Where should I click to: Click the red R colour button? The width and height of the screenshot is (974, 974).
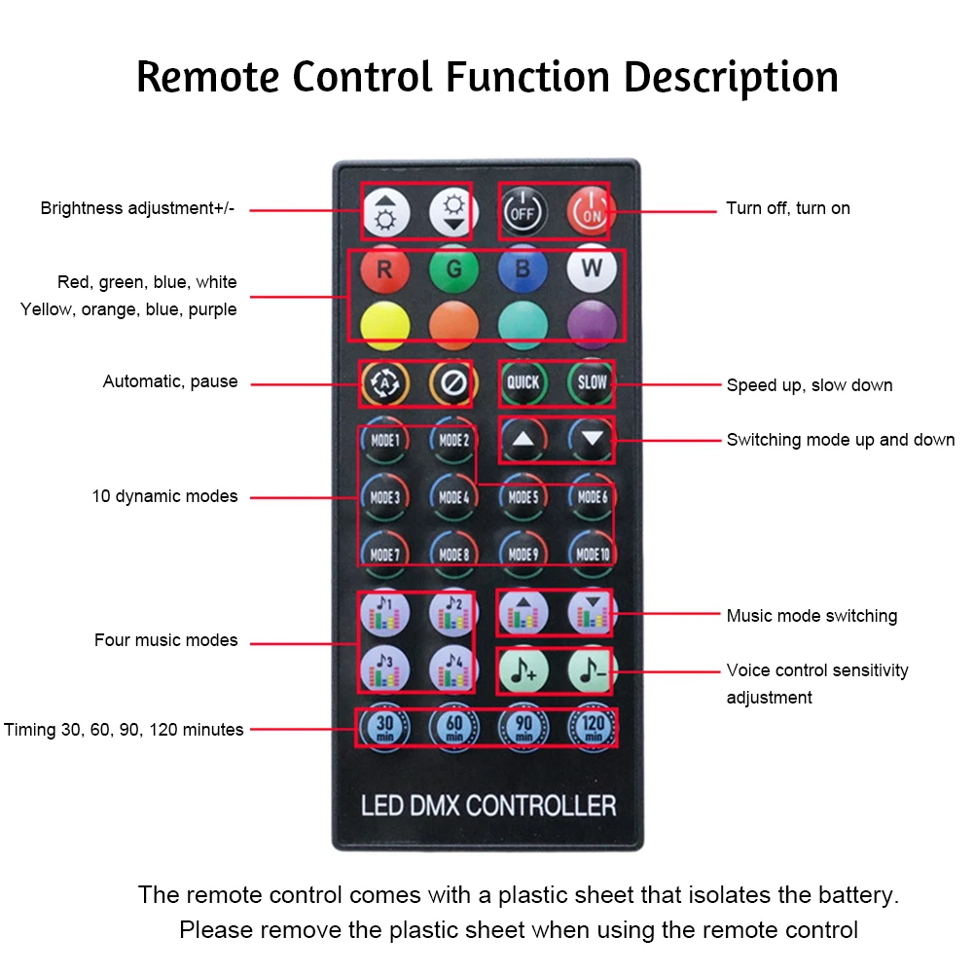384,271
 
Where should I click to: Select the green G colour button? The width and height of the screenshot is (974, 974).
453,271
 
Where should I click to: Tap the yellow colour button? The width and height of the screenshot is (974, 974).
384,325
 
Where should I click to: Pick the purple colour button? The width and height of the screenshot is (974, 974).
592,325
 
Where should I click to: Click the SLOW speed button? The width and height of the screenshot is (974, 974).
592,383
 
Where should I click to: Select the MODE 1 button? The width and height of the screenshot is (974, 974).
384,441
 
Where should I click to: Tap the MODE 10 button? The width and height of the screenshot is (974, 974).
592,554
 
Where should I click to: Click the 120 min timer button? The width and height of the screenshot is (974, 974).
592,726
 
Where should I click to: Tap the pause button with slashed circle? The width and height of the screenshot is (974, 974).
453,383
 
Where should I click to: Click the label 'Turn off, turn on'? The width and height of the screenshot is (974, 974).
787,208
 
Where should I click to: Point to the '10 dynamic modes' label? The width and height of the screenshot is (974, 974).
164,496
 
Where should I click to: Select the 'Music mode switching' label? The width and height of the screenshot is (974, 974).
812,616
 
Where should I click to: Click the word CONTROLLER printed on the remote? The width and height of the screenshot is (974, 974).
540,807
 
